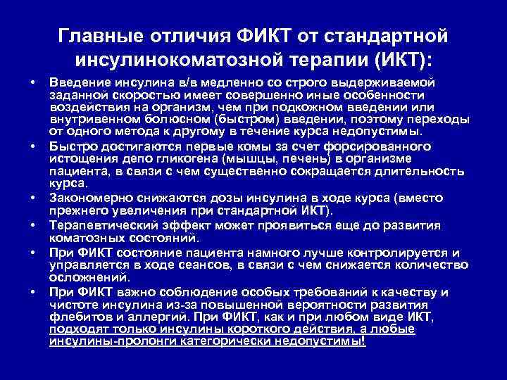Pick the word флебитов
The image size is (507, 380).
pos(75,317)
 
